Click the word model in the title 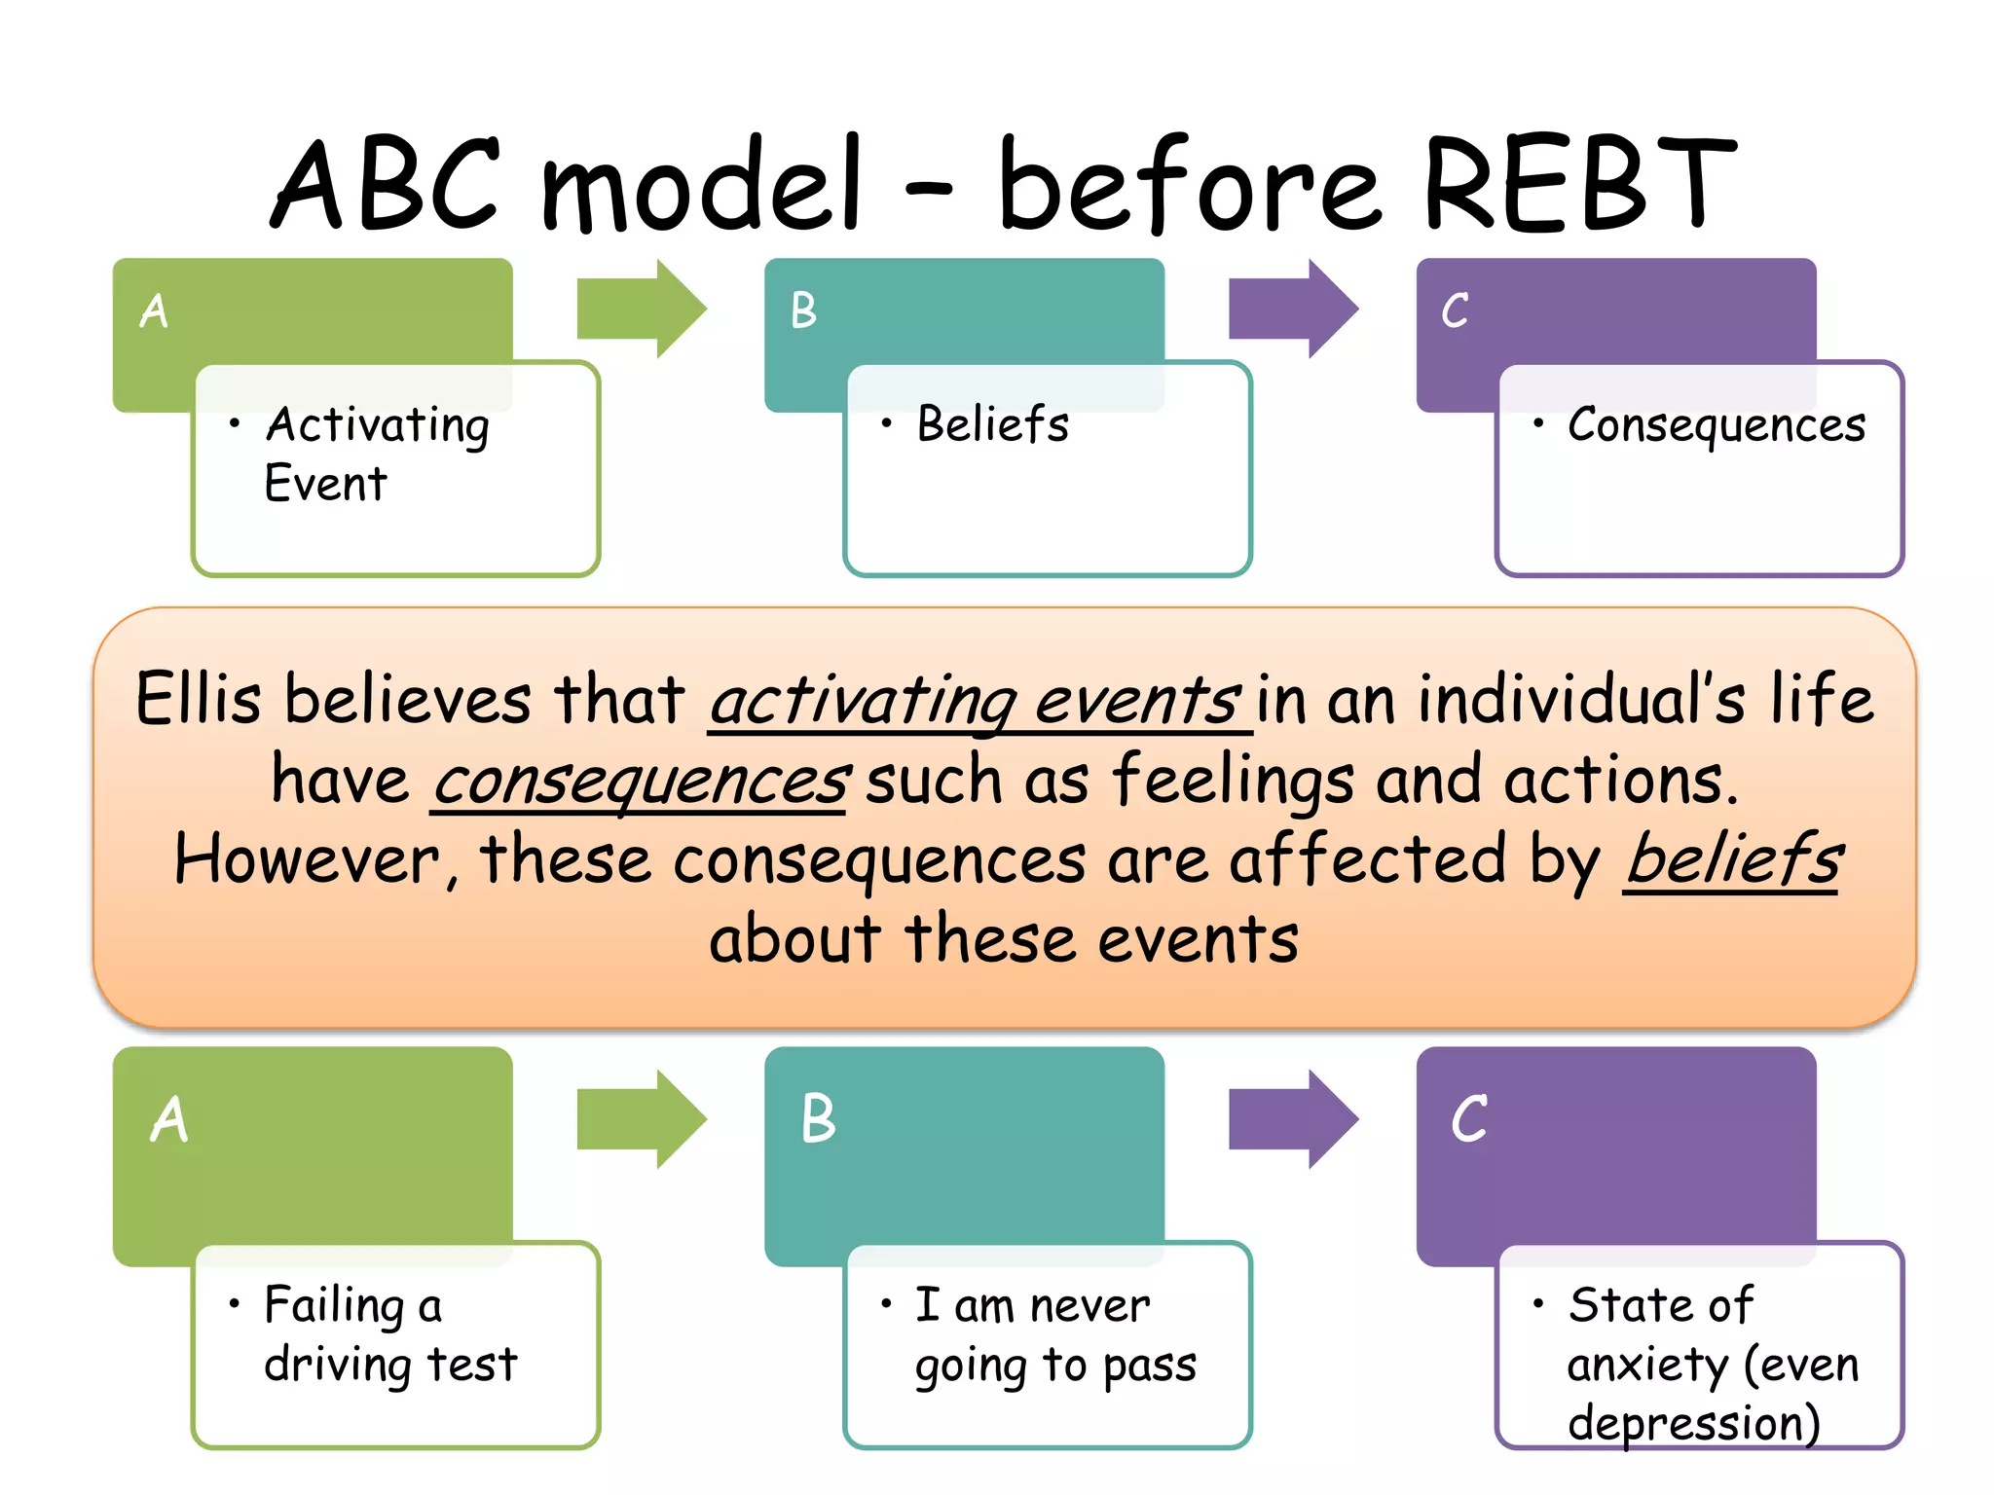[x=701, y=185]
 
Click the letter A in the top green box [x=154, y=311]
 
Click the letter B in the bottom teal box [x=818, y=1118]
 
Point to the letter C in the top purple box [x=1455, y=311]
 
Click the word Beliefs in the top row [x=992, y=424]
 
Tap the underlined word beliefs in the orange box [x=1733, y=860]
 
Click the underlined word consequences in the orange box [x=641, y=782]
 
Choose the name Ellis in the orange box [x=198, y=699]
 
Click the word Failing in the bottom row [x=334, y=1306]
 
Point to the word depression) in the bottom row [x=1693, y=1424]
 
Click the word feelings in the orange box [x=1232, y=782]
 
